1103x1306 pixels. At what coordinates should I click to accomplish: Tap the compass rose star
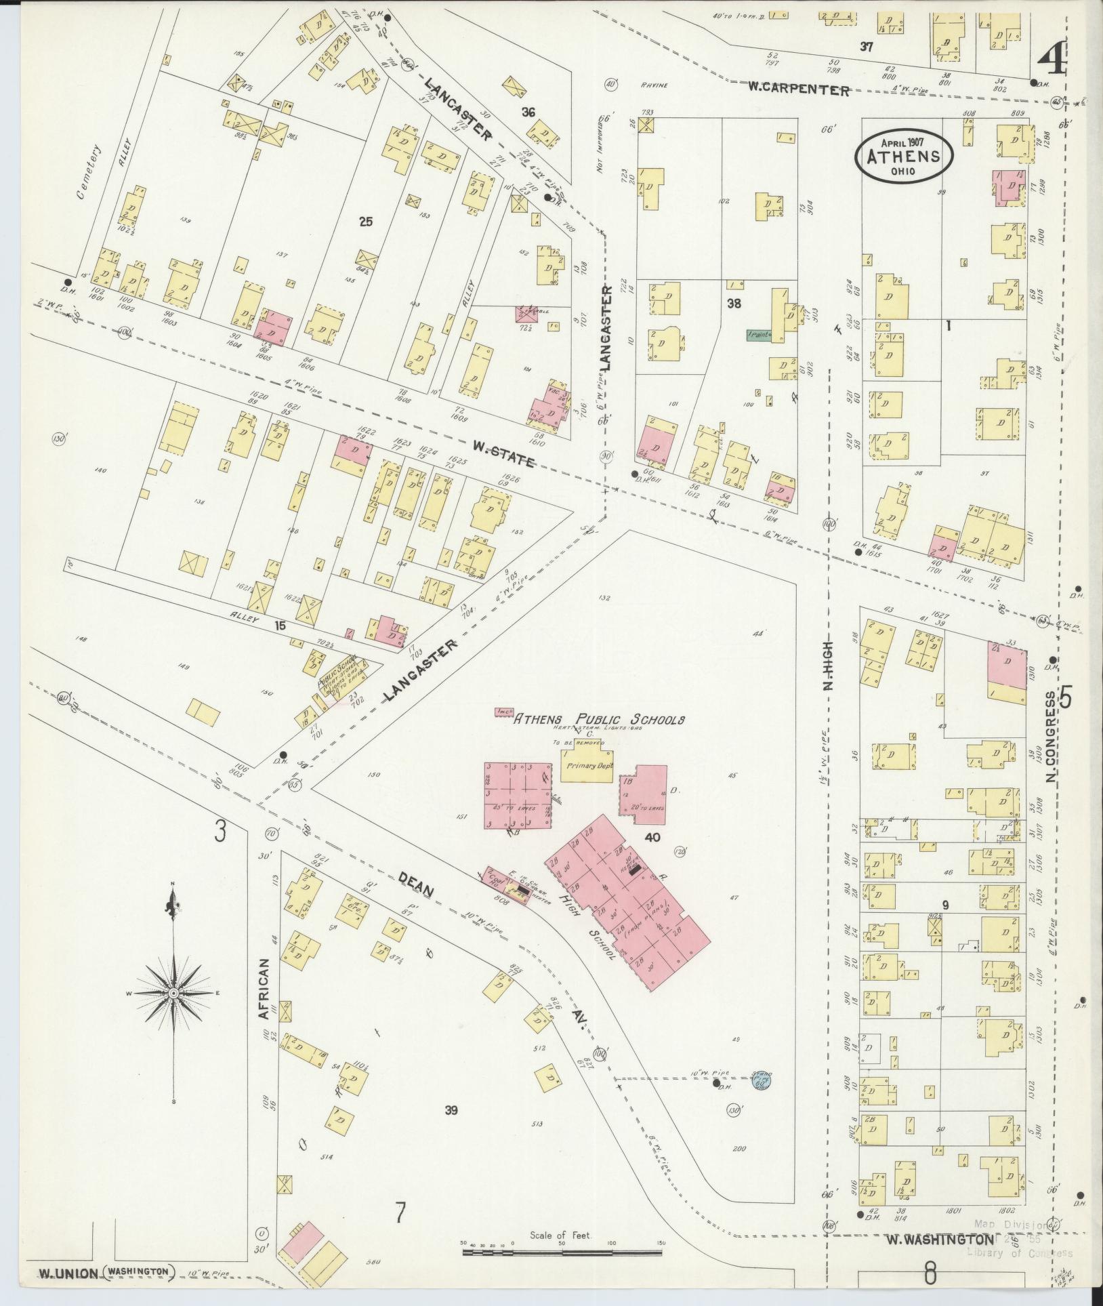(173, 992)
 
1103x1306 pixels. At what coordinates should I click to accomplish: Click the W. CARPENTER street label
(799, 89)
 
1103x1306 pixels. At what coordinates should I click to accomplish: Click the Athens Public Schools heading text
(599, 719)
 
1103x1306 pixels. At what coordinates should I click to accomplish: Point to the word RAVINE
(654, 85)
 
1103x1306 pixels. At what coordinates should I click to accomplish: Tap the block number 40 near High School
(652, 838)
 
